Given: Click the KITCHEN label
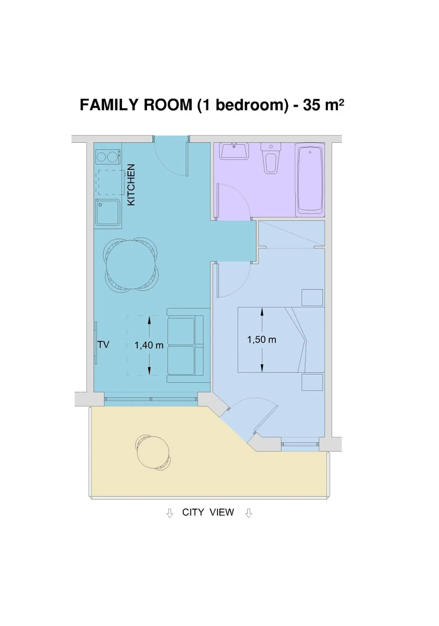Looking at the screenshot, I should point(131,185).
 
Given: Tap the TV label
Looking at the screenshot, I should point(103,345).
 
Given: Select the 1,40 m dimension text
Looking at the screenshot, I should point(149,345).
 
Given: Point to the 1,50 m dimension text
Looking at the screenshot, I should point(261,340).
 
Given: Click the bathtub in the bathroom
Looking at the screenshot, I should point(310,180).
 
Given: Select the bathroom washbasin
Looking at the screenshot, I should point(234,151).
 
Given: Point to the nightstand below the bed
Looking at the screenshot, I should point(312,382).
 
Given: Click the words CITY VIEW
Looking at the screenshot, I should point(208,512).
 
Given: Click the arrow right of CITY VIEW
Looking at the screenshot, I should point(248,513).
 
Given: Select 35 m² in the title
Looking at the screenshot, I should point(323,105).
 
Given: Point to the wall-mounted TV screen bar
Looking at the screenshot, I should point(96,343).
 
